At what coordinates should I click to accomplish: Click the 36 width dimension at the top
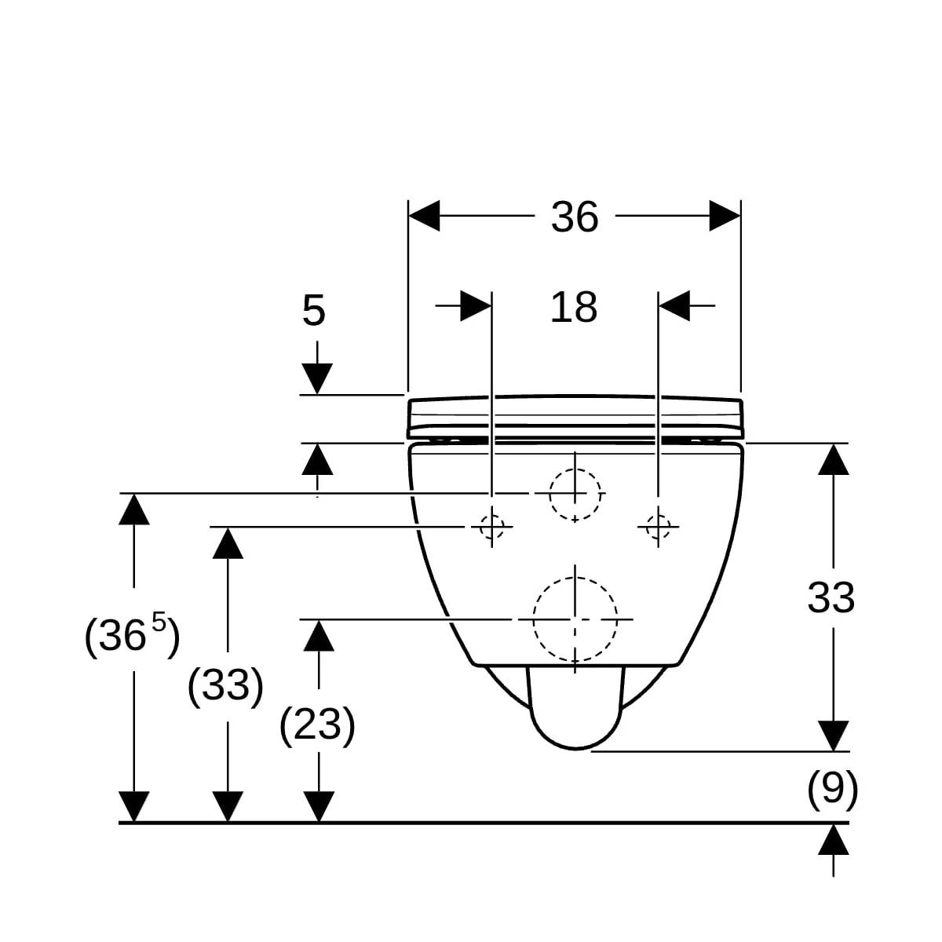coord(575,217)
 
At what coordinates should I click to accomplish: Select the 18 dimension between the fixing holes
coord(573,308)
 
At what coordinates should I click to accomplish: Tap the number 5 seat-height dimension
coord(313,310)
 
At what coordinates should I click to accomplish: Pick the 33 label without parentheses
coord(831,598)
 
